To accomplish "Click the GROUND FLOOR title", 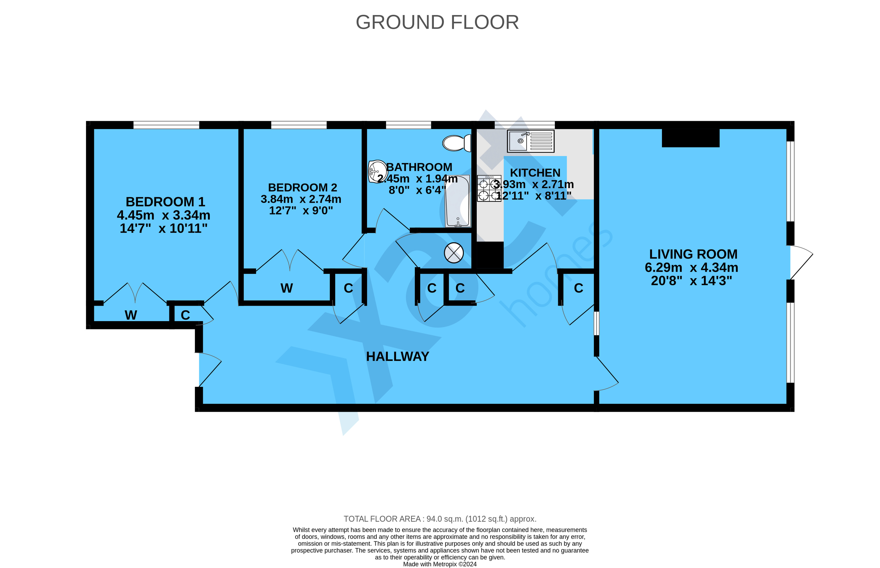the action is [437, 23].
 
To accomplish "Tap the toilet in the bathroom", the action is [457, 143].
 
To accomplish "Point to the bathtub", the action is [457, 201].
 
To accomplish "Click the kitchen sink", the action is [530, 141].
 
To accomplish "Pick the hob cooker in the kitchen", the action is [489, 188].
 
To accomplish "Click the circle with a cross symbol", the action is [454, 253].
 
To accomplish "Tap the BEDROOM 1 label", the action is [165, 202].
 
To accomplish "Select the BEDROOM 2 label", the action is [302, 187].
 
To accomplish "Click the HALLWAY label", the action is [397, 356].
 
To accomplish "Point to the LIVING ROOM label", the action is [693, 254].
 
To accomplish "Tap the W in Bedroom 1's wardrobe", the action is [131, 315].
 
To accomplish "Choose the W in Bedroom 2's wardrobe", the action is [287, 288].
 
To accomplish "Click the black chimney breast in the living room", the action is [691, 138].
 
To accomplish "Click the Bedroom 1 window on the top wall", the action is [166, 125].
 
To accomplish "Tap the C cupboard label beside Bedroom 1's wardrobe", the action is [185, 315].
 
